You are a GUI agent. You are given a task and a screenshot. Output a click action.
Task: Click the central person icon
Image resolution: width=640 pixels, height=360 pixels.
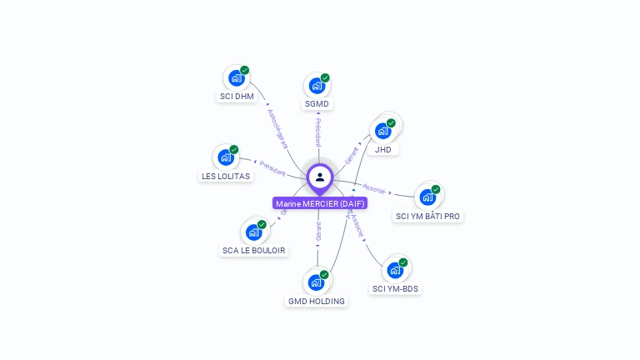pos(320,177)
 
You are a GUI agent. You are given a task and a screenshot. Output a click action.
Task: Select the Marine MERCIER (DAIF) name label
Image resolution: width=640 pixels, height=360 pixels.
pos(320,203)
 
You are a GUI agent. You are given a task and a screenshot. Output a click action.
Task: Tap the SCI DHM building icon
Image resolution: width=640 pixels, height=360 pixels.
pos(237,78)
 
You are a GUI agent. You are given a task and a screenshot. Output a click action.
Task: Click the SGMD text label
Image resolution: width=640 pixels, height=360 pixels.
pos(317,104)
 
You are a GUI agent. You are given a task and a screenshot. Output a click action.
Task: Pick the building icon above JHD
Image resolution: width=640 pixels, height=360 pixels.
pos(382,131)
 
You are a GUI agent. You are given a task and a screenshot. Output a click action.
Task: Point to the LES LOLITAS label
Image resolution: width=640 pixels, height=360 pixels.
pos(225,176)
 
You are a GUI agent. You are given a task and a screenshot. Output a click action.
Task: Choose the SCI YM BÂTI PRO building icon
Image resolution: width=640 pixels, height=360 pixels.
pos(427,197)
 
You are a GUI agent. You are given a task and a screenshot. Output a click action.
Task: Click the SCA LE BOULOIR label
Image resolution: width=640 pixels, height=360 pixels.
pos(253,250)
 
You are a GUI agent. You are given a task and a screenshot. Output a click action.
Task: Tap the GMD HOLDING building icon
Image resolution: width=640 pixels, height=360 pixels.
pos(316,282)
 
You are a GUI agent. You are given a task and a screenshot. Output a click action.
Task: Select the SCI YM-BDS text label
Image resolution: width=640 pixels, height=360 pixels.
pos(396,289)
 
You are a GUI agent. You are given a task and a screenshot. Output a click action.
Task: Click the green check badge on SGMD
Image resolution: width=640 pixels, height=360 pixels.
pos(325,78)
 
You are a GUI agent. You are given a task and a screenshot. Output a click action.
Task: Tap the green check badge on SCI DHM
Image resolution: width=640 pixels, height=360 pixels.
pos(245,71)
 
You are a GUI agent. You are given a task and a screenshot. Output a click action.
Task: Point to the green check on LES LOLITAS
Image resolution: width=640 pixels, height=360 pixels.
pos(234,150)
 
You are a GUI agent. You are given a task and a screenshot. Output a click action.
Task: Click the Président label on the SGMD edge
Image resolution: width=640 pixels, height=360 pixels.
pos(317,133)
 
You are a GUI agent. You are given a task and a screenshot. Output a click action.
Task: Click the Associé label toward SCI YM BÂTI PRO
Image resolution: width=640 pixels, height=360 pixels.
pos(375,188)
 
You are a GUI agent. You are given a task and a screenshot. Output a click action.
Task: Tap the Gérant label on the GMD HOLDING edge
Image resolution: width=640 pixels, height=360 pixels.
pos(318,231)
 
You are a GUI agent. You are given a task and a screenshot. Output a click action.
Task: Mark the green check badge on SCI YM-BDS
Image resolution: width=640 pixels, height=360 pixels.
pos(403,262)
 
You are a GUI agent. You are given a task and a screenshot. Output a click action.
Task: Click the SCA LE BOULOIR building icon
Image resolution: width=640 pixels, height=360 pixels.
pos(253,232)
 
